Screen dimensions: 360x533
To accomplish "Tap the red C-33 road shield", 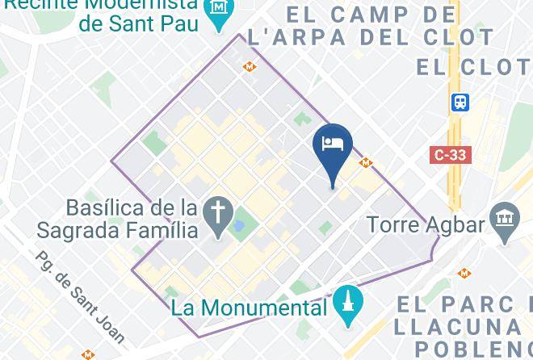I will coord(450,154).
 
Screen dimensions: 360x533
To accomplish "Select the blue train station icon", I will coord(460,103).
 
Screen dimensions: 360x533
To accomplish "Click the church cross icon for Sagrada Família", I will coord(218,213).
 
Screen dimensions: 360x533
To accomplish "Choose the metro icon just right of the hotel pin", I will coord(366,163).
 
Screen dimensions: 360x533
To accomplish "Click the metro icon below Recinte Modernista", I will coord(250,67).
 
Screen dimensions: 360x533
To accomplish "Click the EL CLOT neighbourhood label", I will coord(472,67).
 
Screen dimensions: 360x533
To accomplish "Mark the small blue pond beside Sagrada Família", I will coord(238,219).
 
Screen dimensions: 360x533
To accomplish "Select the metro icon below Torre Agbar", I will coord(464,274).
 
